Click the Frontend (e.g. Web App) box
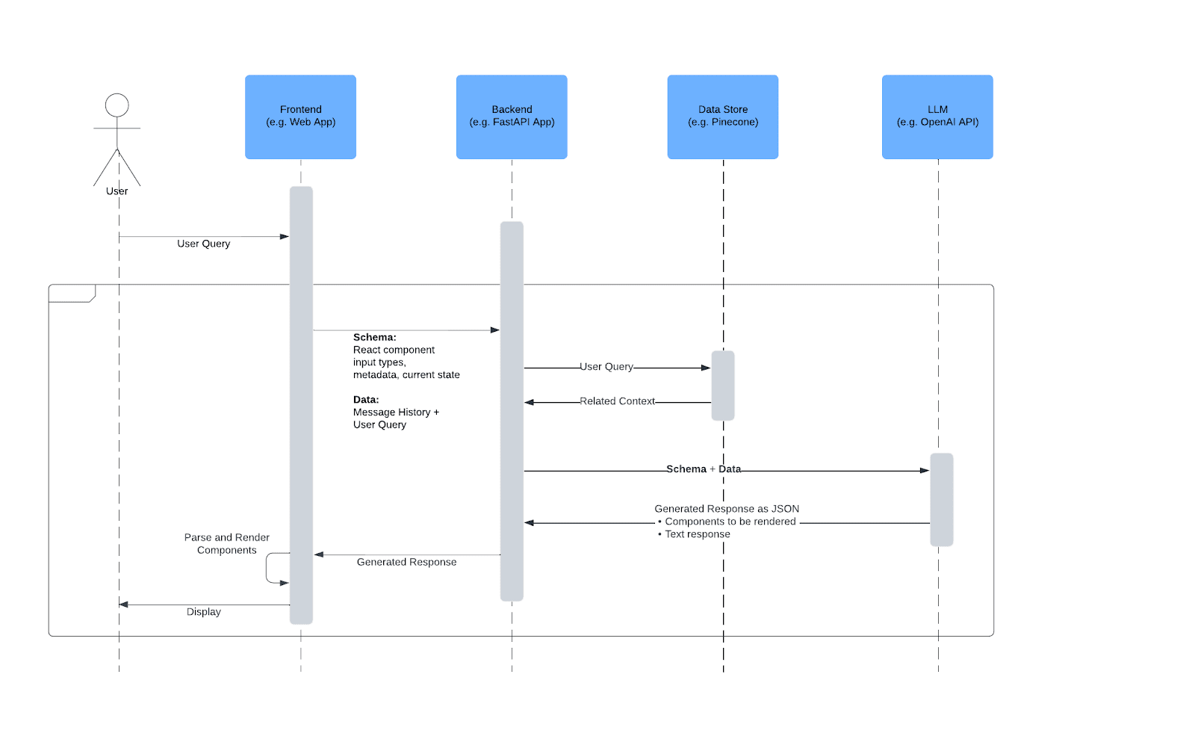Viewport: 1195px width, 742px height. [x=300, y=117]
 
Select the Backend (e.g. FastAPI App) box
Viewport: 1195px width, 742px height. [x=512, y=117]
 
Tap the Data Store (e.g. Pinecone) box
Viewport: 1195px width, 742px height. [x=722, y=117]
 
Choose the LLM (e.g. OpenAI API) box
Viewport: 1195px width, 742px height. [x=937, y=117]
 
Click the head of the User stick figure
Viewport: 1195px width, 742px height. [x=117, y=105]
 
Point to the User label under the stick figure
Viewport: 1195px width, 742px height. [x=117, y=191]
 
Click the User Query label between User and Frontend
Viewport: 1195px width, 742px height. [x=203, y=244]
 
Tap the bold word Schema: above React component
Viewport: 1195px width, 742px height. [x=374, y=337]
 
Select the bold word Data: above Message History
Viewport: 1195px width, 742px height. [x=366, y=400]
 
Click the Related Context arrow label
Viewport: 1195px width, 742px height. [x=617, y=401]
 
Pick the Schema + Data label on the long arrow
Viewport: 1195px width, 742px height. [x=703, y=469]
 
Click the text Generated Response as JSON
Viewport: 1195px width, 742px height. [x=726, y=509]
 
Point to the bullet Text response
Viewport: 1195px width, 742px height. [x=698, y=534]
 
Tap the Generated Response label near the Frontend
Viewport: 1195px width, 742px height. [x=406, y=562]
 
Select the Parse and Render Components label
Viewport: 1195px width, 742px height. [x=226, y=543]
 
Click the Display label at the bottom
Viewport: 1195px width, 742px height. [x=203, y=612]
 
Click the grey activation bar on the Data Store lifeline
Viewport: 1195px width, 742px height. [x=722, y=386]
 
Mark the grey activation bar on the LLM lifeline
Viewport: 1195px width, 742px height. [x=941, y=499]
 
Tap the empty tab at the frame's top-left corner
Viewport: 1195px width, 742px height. [x=71, y=293]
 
